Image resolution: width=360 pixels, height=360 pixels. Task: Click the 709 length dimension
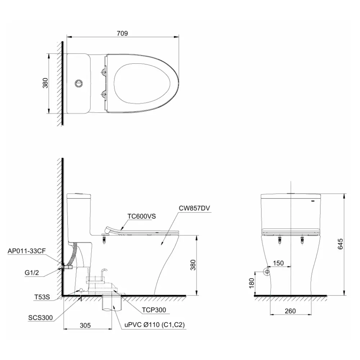122,33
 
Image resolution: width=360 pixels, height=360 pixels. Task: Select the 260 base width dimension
289,311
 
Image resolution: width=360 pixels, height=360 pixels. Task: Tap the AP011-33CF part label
26,251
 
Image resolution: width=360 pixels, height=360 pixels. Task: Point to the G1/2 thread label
32,273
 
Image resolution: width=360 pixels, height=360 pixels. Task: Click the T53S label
42,297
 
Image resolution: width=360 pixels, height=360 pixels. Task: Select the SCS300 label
40,318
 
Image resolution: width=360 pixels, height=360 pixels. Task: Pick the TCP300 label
154,310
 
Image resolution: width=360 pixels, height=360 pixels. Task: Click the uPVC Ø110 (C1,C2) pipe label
155,324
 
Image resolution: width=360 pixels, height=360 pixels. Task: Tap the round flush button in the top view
78,83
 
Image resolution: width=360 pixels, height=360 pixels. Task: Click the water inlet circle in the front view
267,271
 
